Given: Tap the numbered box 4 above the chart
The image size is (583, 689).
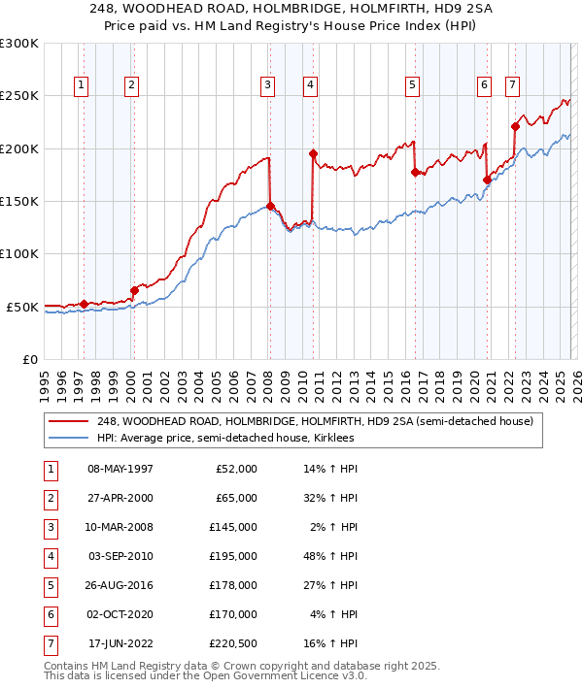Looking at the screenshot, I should [x=309, y=85].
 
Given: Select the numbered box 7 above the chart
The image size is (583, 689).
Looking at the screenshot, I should [x=512, y=85].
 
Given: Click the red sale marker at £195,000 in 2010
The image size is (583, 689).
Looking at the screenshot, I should [x=313, y=153].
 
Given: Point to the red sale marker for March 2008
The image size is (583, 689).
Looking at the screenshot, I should [x=270, y=206].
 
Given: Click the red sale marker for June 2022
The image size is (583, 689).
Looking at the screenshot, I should [x=516, y=126].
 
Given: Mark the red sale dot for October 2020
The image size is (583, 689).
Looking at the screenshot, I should [x=487, y=180].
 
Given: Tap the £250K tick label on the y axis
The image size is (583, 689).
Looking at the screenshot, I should [x=20, y=96].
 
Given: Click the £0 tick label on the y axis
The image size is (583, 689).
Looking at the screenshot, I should [x=29, y=359].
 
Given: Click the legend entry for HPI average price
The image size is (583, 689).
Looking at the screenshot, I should [x=225, y=439].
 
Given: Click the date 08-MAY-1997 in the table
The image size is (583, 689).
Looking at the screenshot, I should [x=120, y=469].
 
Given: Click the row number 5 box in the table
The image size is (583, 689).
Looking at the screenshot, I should [x=50, y=585].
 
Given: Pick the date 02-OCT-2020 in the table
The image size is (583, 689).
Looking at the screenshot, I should [x=120, y=614].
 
